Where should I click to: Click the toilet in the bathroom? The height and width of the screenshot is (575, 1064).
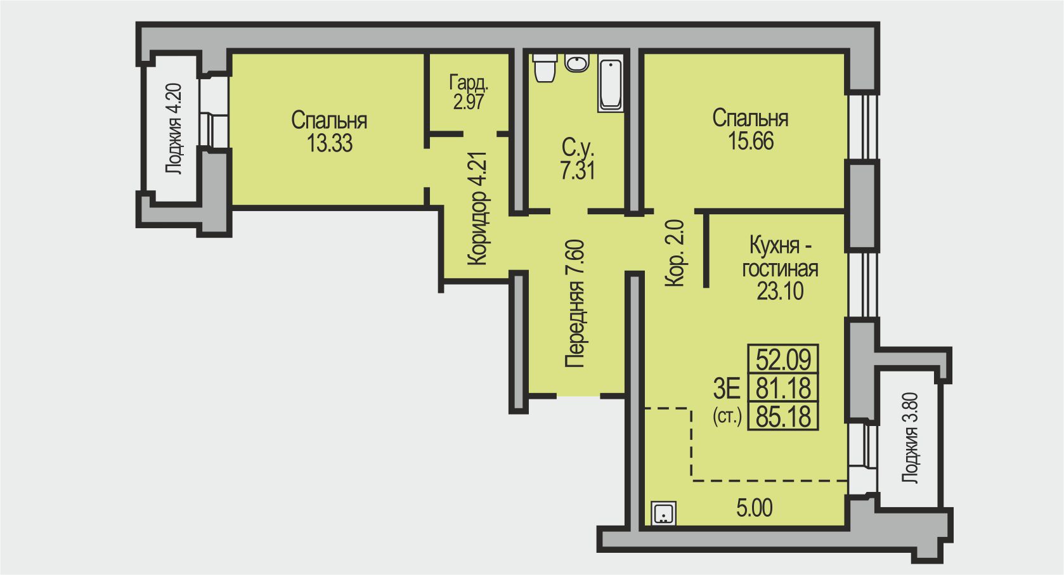tap(545, 68)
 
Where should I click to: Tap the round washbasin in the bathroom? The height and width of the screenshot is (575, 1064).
tap(576, 63)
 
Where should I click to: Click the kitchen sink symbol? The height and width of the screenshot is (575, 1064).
tap(664, 514)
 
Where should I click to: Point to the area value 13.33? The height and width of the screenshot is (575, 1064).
tap(330, 143)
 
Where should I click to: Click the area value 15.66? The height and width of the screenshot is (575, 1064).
tap(751, 141)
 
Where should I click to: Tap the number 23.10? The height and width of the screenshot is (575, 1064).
tap(780, 291)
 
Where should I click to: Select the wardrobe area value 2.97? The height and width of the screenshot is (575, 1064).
tap(469, 101)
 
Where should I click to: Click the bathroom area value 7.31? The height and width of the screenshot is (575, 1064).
tap(578, 171)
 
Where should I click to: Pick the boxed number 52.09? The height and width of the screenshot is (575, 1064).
tap(783, 359)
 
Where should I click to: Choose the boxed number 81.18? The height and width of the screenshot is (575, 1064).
tap(783, 388)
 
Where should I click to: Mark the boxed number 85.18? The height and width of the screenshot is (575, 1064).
tap(783, 417)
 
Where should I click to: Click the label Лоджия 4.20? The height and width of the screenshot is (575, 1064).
tap(173, 129)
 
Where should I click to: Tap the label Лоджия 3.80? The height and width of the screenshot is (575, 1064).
tap(910, 438)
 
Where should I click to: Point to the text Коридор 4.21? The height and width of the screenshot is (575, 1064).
tap(478, 209)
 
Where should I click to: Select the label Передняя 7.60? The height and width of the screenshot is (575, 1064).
tap(574, 304)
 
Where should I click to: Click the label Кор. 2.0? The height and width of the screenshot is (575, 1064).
tap(675, 253)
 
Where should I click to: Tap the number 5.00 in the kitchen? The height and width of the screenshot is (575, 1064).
tap(755, 508)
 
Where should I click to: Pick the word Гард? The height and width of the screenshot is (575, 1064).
tap(469, 84)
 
